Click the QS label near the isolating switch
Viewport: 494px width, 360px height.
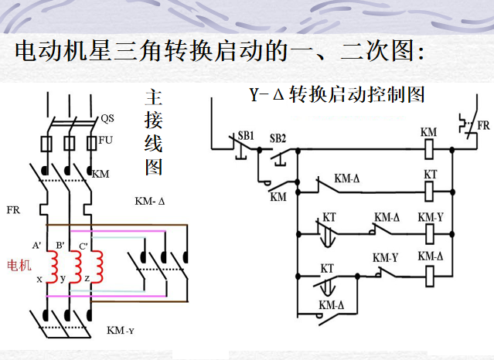[107, 119]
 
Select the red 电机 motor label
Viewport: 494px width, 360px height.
[19, 266]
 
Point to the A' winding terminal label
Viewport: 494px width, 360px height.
[36, 245]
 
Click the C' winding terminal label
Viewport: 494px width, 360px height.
[83, 246]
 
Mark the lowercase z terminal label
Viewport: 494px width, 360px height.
[87, 278]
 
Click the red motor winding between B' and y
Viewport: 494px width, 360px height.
[76, 266]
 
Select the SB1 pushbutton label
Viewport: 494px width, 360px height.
[246, 135]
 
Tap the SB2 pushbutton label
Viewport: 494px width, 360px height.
[278, 138]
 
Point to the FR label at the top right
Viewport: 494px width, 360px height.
[482, 124]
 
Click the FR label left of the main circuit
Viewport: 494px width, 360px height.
[13, 209]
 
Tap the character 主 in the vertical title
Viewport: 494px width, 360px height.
[153, 98]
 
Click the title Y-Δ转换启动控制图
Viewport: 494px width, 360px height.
[337, 95]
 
